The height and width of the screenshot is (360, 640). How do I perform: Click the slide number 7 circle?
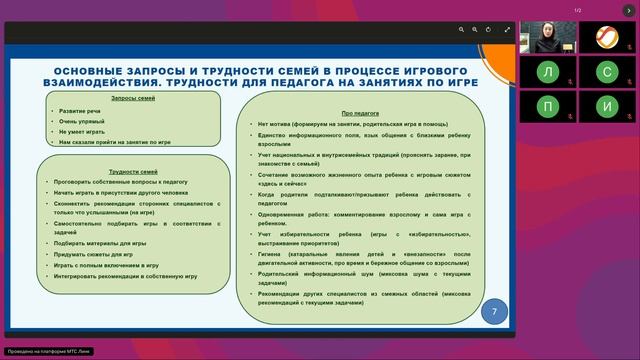coord(494,311)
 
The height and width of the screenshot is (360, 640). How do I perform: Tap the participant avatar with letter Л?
coord(547,72)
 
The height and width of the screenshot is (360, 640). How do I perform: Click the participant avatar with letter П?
coord(547,105)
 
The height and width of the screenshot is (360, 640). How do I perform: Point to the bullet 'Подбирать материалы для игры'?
coord(101,242)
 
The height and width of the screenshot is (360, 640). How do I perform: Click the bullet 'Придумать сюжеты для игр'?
coord(94,254)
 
